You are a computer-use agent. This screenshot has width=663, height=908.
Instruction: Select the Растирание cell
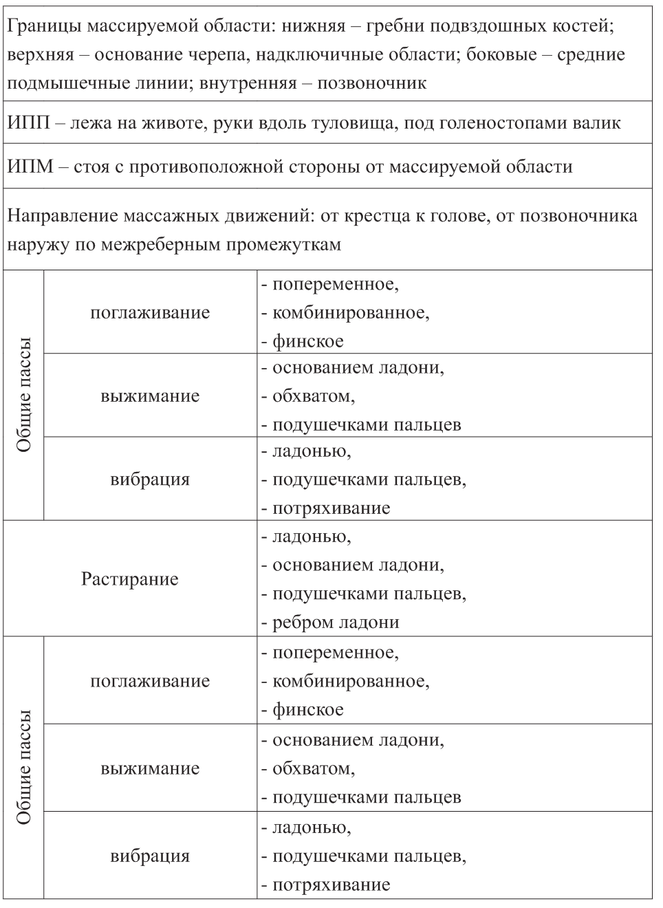(129, 579)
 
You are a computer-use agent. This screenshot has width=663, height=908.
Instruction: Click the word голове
(470, 216)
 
